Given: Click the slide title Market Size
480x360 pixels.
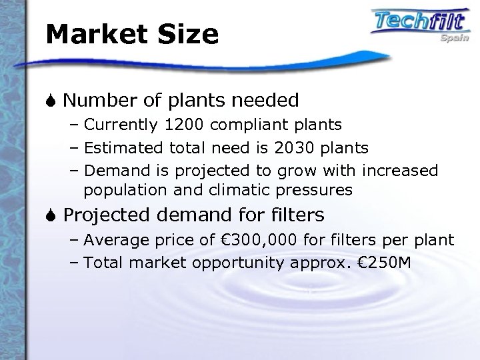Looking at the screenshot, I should point(132,34).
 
